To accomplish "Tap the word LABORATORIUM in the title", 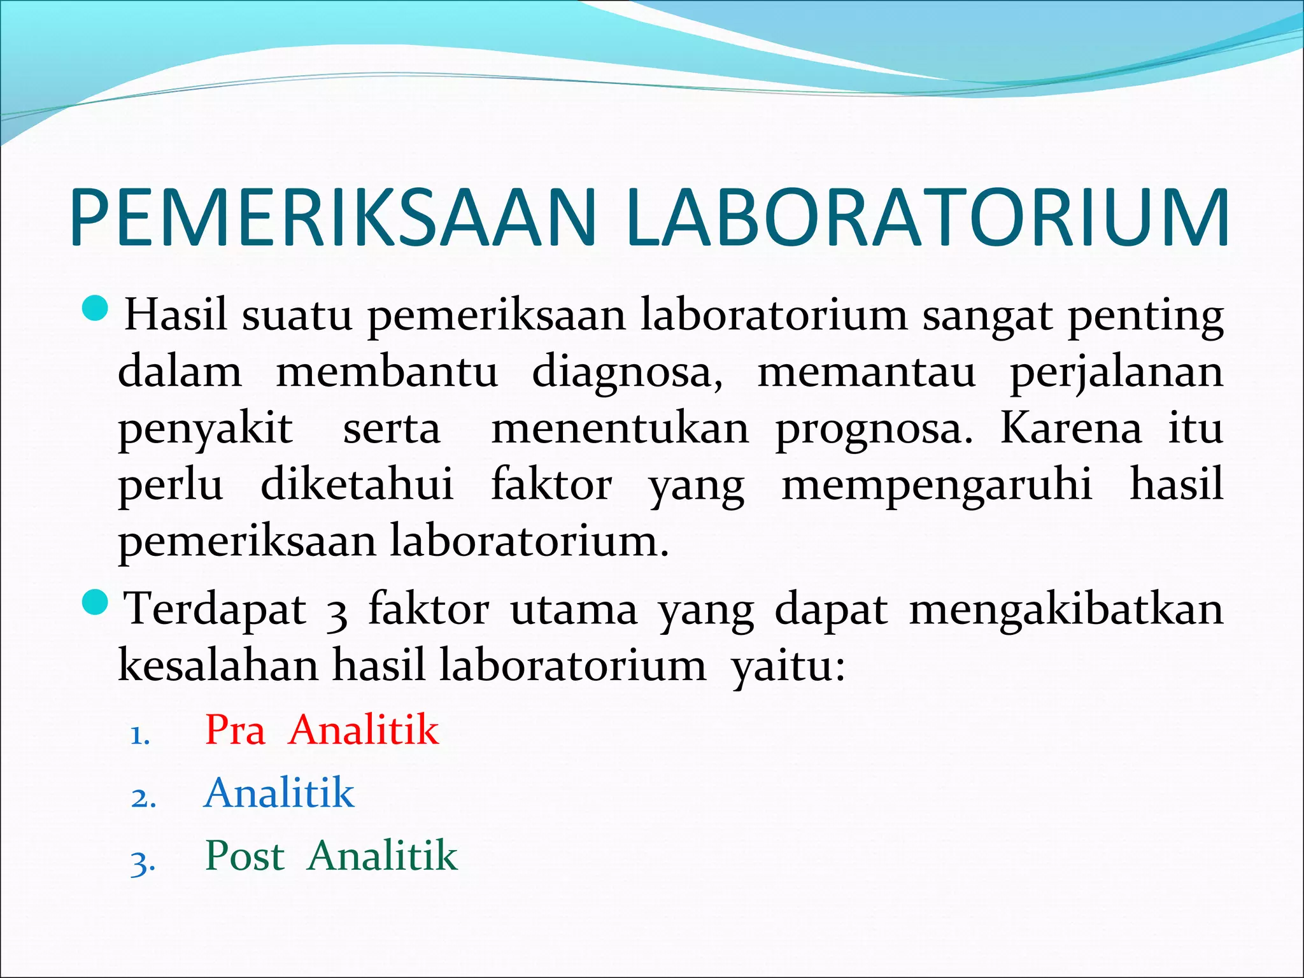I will tap(927, 216).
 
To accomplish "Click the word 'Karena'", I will tap(1071, 428).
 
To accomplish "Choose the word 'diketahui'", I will tap(357, 484).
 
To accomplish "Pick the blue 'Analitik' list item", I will tap(280, 793).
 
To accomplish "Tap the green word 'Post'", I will tap(244, 855).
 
